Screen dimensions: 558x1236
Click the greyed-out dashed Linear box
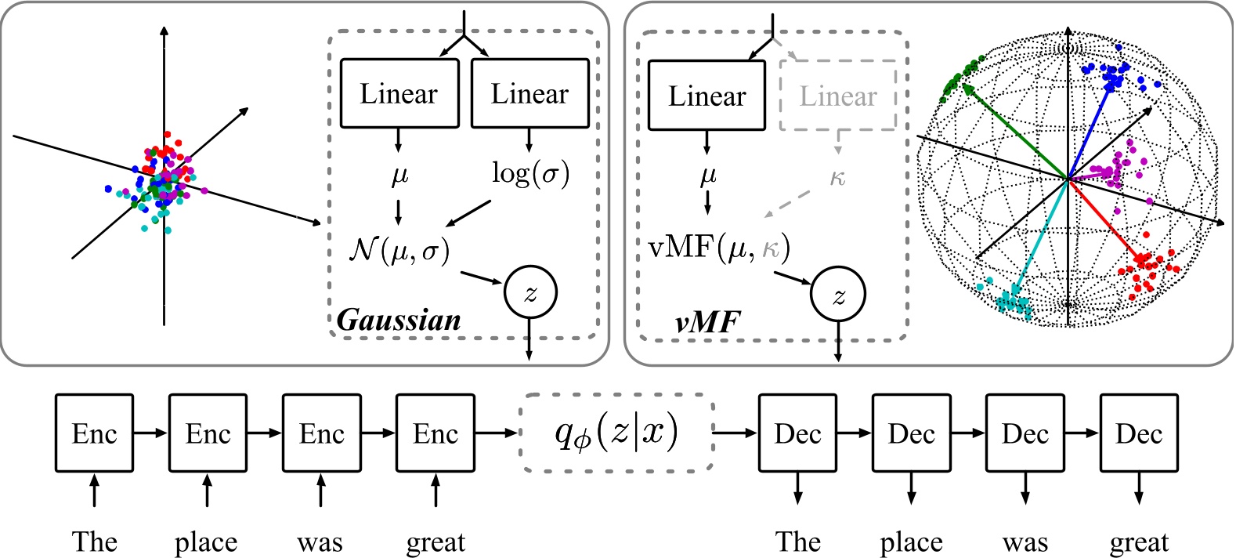click(837, 96)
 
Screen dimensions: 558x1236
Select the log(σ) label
click(530, 173)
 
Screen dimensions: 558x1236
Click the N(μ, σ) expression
click(399, 250)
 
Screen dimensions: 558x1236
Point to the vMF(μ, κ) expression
click(719, 248)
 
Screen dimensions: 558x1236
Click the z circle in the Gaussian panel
click(531, 293)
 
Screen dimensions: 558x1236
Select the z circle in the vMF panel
click(838, 295)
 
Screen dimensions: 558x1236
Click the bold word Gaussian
click(399, 320)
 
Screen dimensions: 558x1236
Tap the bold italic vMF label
click(707, 321)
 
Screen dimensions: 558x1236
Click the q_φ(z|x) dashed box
click(616, 433)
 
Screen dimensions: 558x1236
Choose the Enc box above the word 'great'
click(435, 433)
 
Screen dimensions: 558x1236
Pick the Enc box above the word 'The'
click(94, 433)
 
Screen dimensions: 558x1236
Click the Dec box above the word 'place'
click(911, 433)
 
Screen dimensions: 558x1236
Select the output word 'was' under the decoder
click(1025, 542)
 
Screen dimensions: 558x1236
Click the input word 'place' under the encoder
click(206, 542)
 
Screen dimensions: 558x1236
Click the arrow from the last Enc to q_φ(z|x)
click(497, 433)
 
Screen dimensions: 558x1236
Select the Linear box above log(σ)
click(529, 93)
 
